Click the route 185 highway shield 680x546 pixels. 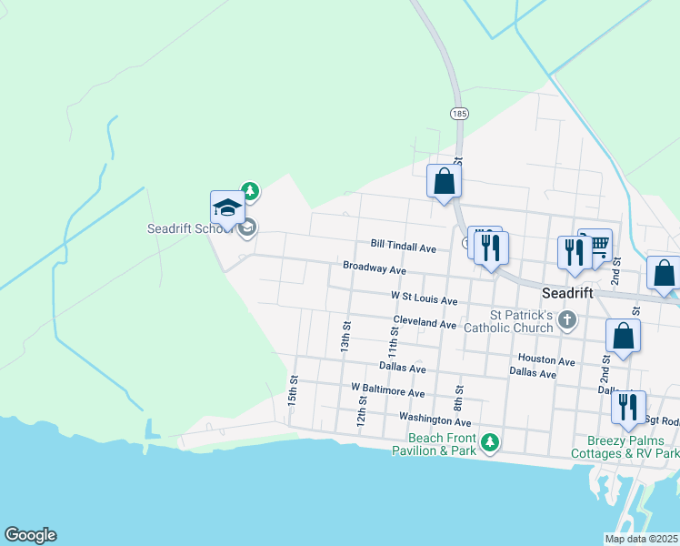[x=459, y=114]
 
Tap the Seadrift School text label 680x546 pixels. [x=190, y=228]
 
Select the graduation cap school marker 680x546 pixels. [x=227, y=208]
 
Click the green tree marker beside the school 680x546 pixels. [x=250, y=191]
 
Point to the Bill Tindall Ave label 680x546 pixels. [x=404, y=247]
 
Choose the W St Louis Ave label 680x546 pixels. [x=424, y=297]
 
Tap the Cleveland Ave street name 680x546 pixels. [x=425, y=323]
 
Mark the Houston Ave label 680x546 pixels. [x=546, y=360]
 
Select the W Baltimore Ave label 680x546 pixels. [x=388, y=392]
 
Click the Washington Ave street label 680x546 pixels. [x=435, y=420]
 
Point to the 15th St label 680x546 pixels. [x=293, y=390]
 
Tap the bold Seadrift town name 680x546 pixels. [x=567, y=293]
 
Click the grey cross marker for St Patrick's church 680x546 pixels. [x=568, y=318]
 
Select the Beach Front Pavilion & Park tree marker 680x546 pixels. [x=491, y=442]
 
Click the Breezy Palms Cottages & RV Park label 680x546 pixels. [x=625, y=446]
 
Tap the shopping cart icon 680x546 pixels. [x=597, y=243]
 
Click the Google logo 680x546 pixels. [x=30, y=535]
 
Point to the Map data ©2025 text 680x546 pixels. [x=640, y=539]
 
